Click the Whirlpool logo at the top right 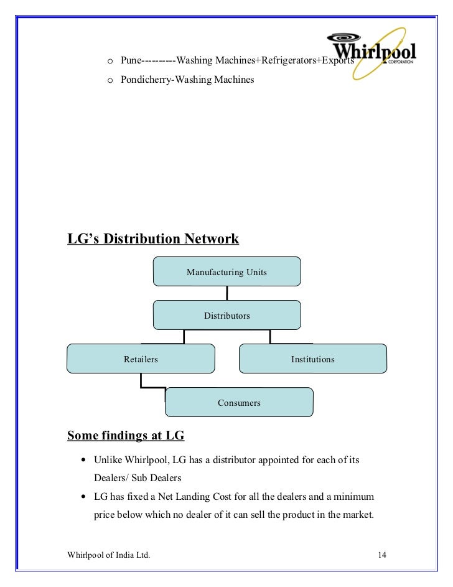pos(373,53)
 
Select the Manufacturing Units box pos(226,272)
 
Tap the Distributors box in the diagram pos(226,316)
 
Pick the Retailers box pos(141,359)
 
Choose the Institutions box pos(312,359)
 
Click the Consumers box pos(239,403)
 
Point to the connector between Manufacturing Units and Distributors pos(227,293)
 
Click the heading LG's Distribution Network pos(152,239)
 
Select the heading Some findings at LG pos(126,436)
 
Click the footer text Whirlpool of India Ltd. pos(108,554)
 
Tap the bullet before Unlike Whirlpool pos(83,461)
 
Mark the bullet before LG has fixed pos(83,498)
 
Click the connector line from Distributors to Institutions pos(270,337)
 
